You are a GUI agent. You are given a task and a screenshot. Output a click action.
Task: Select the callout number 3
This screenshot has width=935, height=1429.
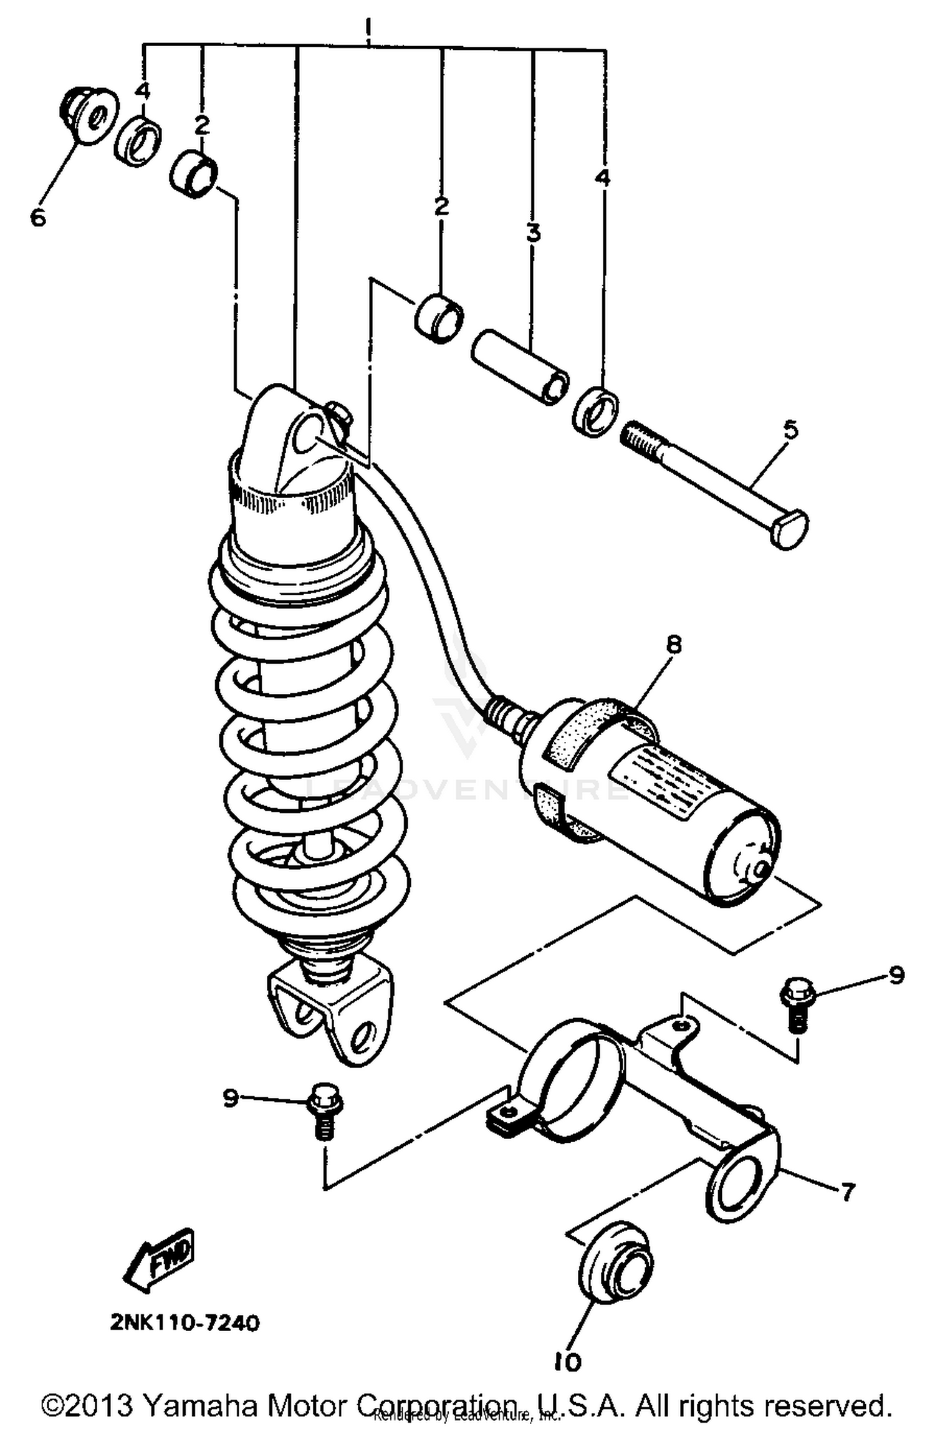(x=533, y=234)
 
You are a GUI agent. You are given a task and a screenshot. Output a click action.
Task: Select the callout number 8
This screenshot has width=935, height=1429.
(x=674, y=645)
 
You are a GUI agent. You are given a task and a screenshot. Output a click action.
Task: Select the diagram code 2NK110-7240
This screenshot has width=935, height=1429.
(x=185, y=1322)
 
